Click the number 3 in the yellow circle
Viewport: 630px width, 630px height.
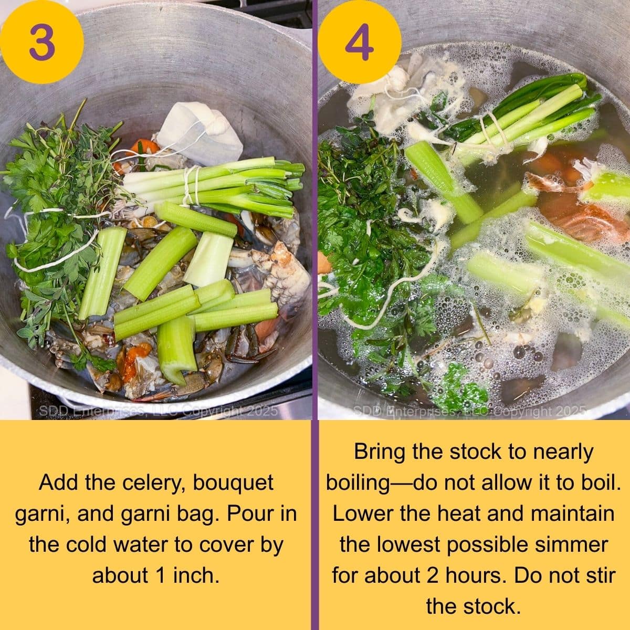click(x=41, y=42)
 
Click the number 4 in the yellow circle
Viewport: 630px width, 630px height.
click(x=360, y=42)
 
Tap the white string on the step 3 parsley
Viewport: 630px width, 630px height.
click(x=47, y=262)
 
